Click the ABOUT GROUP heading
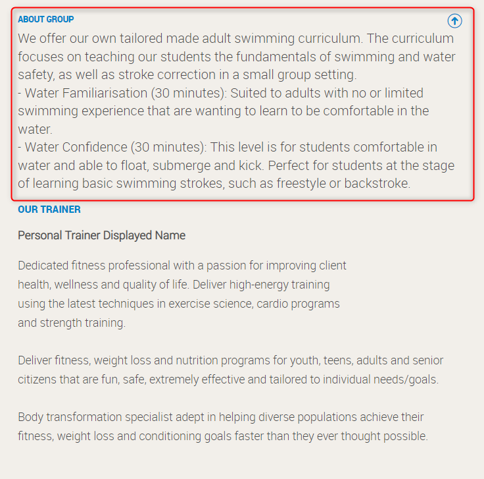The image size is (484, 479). click(x=46, y=19)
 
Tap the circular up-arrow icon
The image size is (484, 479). click(x=454, y=21)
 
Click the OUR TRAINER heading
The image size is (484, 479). click(x=49, y=210)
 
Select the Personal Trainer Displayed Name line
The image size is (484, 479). click(x=101, y=235)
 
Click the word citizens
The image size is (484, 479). click(x=38, y=380)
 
